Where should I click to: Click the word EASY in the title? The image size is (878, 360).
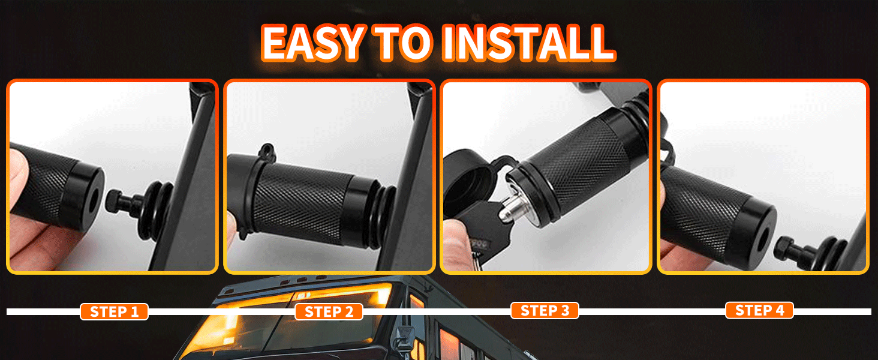(x=312, y=43)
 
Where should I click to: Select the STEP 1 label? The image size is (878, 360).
(x=114, y=312)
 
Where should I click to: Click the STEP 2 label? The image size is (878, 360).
(x=329, y=312)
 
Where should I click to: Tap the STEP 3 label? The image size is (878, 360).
(x=545, y=311)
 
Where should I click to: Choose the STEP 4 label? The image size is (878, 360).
(x=759, y=310)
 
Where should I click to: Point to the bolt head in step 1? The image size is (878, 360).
(x=114, y=200)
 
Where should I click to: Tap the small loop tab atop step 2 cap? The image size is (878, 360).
(x=267, y=151)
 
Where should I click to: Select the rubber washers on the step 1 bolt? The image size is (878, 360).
(x=156, y=211)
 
